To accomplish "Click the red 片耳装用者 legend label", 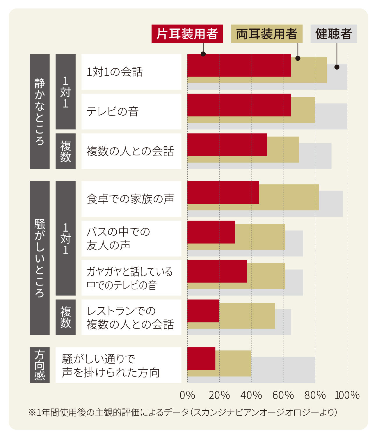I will [x=187, y=34].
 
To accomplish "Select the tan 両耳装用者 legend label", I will [x=266, y=34].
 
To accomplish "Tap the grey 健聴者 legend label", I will [x=333, y=34].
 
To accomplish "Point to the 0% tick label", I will [x=187, y=395].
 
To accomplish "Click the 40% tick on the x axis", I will [x=251, y=395].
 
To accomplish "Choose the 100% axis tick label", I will [x=347, y=395].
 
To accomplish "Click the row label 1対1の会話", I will [x=115, y=72].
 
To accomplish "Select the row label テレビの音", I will [x=112, y=111].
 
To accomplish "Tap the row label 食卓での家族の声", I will [x=130, y=199].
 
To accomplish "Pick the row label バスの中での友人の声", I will [x=118, y=238].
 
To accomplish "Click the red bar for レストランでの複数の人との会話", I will [x=203, y=311].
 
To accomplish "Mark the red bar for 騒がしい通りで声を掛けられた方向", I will [x=201, y=359].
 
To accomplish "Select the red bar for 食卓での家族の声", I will [x=223, y=192].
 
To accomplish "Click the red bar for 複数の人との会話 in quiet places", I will [x=227, y=145].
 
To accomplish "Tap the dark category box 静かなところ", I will [x=40, y=111].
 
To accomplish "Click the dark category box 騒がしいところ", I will [x=40, y=258].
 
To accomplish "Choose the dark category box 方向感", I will [x=40, y=365].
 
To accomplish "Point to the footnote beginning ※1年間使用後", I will [x=182, y=412].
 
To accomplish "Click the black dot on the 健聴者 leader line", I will [x=337, y=67].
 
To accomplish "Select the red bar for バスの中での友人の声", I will [x=211, y=232].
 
